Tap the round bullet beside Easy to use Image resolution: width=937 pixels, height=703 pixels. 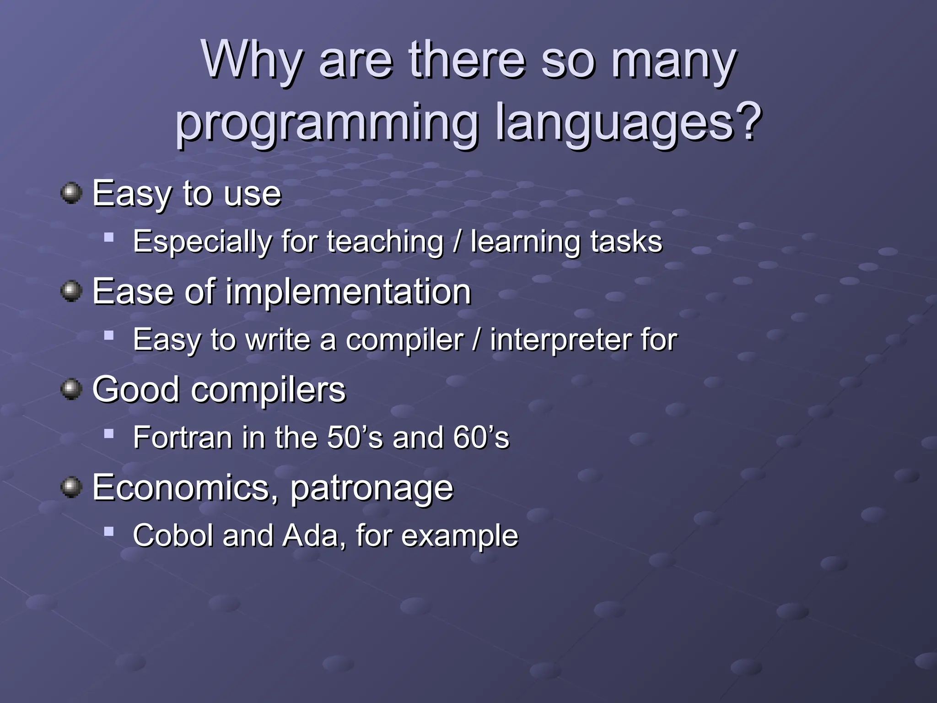point(71,193)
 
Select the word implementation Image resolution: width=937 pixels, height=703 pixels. point(348,292)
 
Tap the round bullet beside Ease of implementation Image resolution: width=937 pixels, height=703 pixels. point(71,291)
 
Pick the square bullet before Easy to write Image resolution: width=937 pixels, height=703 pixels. point(109,335)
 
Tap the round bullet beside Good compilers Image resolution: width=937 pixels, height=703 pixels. point(71,389)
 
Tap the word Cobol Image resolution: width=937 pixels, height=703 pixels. point(173,535)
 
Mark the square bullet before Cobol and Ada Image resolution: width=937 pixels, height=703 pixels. point(109,531)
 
